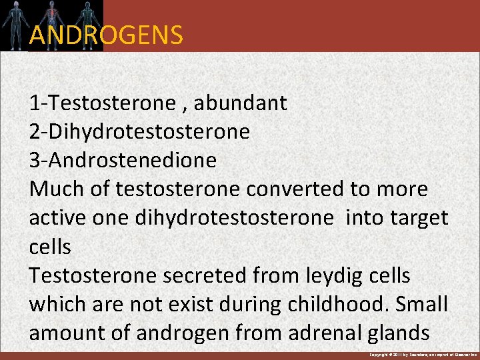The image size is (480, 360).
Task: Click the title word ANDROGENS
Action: (106, 35)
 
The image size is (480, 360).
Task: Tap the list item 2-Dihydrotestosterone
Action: (139, 132)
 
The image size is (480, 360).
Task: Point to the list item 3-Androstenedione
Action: (123, 161)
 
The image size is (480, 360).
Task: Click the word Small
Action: (422, 304)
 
